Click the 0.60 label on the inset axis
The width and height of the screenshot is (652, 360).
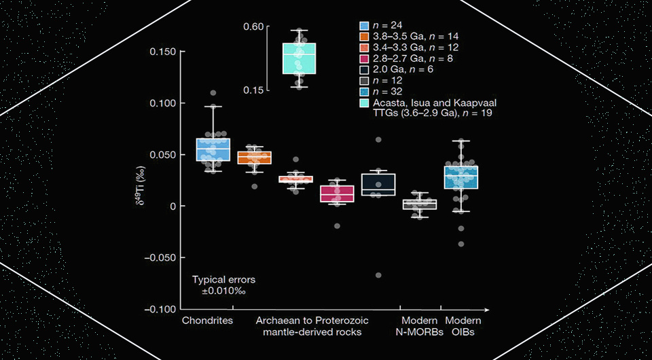point(253,26)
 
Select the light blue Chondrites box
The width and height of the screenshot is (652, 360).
point(213,149)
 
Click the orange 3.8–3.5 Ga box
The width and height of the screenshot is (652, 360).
point(254,158)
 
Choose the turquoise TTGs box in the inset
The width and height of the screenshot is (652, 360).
point(299,58)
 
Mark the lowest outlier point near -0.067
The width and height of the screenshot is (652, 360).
point(378,275)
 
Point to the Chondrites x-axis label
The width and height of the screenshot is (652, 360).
point(207,321)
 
